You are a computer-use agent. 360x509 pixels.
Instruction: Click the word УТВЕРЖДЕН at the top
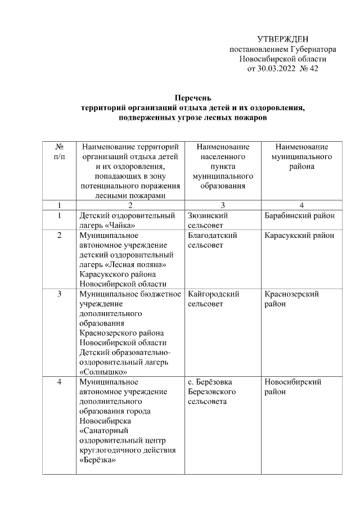point(282,39)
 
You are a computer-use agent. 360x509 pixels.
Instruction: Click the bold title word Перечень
point(192,97)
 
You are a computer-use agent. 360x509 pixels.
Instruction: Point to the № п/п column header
point(59,151)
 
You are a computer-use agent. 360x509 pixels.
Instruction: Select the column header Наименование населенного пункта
point(222,166)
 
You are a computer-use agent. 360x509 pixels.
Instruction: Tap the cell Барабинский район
point(299,215)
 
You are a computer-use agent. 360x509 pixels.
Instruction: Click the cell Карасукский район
point(299,235)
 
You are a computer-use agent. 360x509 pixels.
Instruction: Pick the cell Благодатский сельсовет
point(213,240)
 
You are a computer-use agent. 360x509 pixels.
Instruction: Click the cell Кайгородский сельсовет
point(214,299)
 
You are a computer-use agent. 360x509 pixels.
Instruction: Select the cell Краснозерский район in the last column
point(292,299)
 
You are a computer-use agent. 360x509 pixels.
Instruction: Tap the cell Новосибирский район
point(292,386)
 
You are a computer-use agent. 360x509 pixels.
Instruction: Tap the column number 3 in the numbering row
point(222,205)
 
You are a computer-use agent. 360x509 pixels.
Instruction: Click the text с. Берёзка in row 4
point(211,382)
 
